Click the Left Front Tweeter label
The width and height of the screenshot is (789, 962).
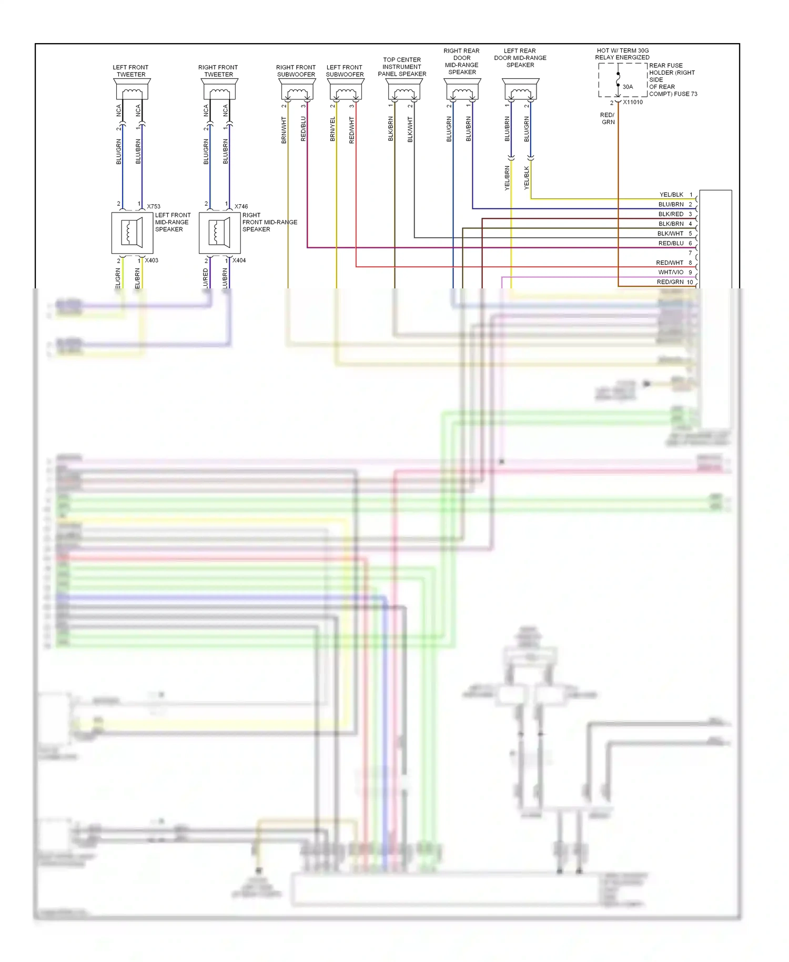(130, 71)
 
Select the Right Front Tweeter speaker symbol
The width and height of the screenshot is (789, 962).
(219, 90)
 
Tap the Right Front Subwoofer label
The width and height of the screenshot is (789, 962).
(296, 71)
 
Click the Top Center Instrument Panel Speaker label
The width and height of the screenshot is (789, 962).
(402, 67)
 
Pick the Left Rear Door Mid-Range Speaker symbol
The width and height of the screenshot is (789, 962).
(520, 90)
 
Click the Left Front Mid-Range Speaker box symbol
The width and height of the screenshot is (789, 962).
(132, 233)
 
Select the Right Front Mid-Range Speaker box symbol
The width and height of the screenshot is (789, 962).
(219, 233)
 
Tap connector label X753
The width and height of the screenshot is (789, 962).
(154, 206)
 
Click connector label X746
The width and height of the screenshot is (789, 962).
(241, 206)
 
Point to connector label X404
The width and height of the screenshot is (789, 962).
(239, 260)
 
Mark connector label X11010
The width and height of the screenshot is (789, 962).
(633, 102)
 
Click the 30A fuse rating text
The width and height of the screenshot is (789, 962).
(628, 87)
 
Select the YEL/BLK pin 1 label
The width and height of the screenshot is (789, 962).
(671, 195)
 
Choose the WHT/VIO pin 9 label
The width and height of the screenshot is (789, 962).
(671, 272)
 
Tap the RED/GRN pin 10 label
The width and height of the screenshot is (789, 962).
(670, 282)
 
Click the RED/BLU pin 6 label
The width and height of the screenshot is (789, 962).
(671, 243)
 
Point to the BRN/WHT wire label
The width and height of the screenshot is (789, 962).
(284, 130)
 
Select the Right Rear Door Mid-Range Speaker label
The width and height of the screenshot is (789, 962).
(461, 62)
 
